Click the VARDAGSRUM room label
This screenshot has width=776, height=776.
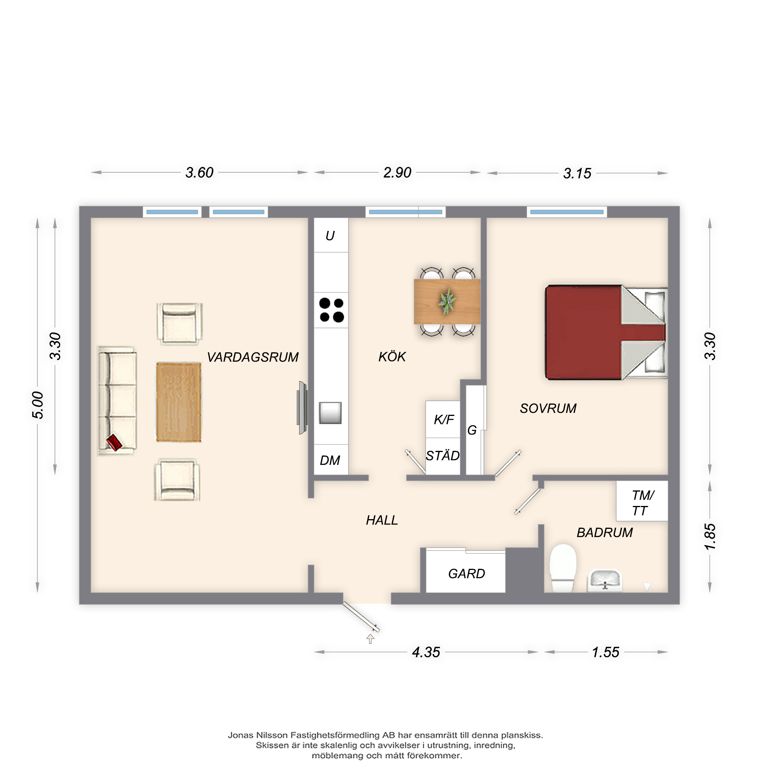point(253,357)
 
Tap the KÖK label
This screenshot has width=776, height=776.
point(392,356)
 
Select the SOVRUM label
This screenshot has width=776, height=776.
point(548,409)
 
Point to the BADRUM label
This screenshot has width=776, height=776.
point(605,533)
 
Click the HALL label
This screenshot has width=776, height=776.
point(381,520)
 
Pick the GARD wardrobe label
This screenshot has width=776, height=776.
point(466,573)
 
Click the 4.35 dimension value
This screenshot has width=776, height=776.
point(426,652)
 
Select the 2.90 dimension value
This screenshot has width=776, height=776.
point(397,173)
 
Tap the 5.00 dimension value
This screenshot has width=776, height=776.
point(38,405)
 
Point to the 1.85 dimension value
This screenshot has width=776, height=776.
point(710,537)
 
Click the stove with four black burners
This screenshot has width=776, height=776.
point(331,310)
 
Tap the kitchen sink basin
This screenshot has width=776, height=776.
point(330,413)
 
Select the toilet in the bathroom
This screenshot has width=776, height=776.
point(563,568)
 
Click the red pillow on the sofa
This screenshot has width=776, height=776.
point(114,442)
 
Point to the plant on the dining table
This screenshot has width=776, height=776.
point(447,301)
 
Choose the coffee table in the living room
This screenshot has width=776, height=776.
point(179,402)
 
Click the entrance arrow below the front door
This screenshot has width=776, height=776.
point(370,639)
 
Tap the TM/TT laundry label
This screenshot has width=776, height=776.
point(643,503)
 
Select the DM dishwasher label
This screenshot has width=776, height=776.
point(330,460)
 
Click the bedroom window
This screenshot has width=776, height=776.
point(567,212)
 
